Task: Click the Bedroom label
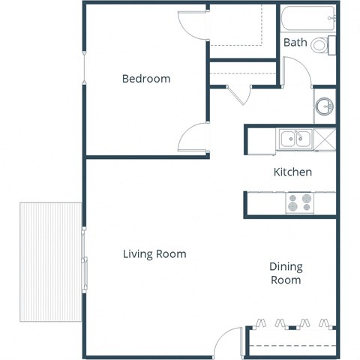[146, 79]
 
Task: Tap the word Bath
[295, 43]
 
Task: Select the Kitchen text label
[292, 172]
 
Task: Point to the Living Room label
[154, 254]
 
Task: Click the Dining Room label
[285, 273]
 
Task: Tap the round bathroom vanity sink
[325, 106]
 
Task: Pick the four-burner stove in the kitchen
[299, 202]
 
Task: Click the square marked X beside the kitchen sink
[325, 139]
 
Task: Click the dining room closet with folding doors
[291, 341]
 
